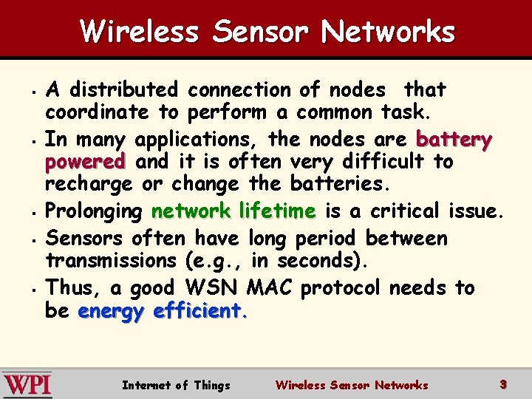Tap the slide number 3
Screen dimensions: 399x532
[x=502, y=384]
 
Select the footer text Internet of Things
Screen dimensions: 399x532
[x=176, y=385]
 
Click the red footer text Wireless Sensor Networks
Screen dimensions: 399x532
[x=351, y=385]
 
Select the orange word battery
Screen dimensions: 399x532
[x=454, y=139]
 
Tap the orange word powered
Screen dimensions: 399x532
[x=85, y=161]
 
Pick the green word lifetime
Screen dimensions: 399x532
[x=278, y=211]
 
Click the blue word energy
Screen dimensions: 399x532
[x=112, y=311]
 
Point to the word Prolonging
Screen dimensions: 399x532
[x=94, y=212]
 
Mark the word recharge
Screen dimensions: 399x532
[x=89, y=183]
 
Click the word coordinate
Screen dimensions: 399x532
[x=97, y=113]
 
